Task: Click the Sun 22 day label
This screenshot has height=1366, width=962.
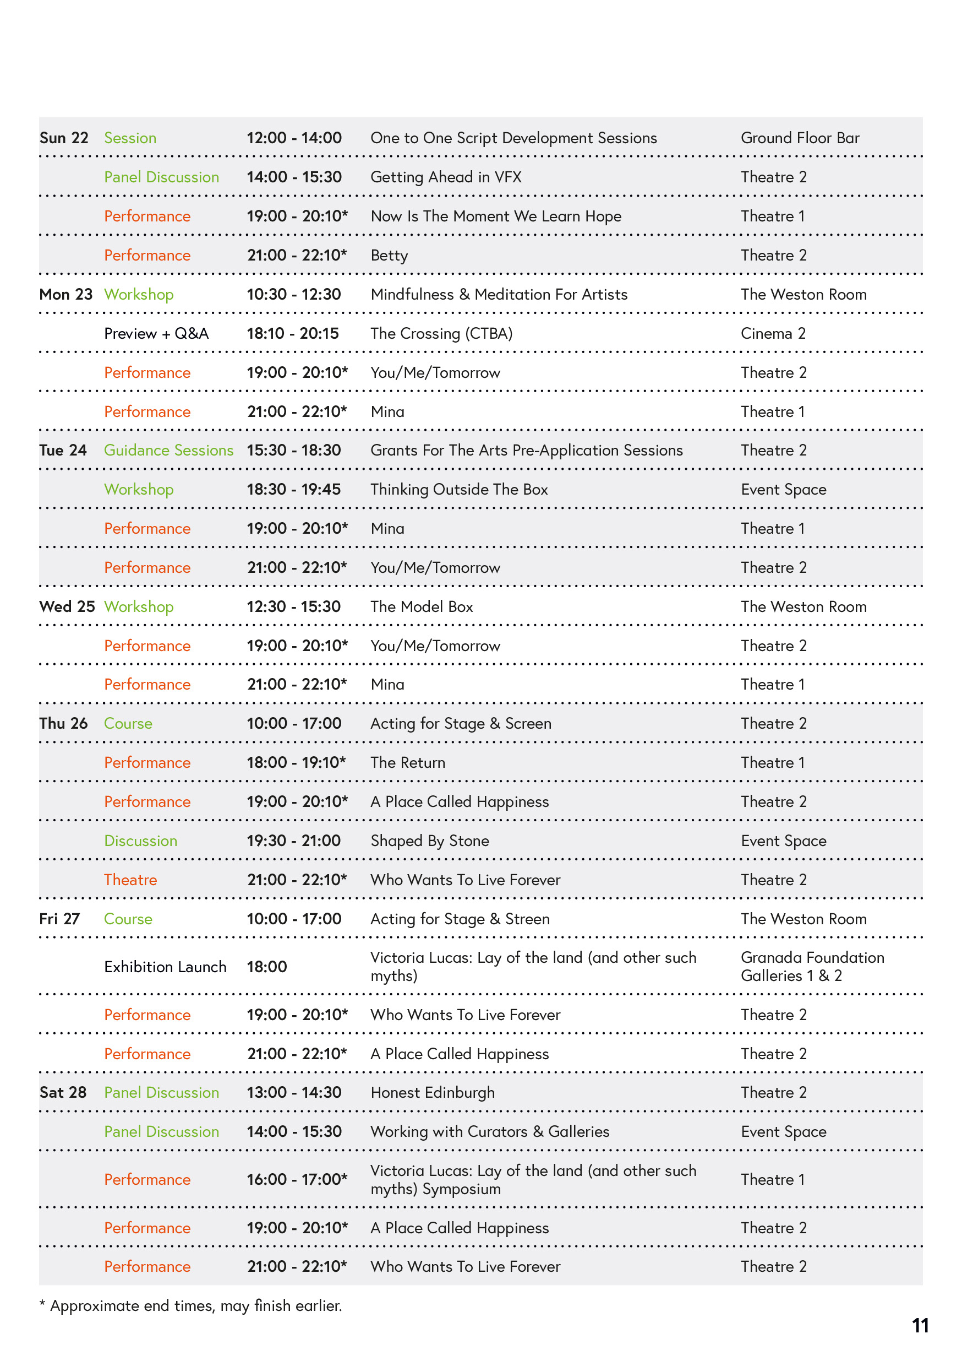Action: (64, 138)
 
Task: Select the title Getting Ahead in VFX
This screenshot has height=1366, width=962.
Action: (445, 177)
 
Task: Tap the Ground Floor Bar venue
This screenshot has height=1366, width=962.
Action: (799, 138)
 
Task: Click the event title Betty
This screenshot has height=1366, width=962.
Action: (389, 256)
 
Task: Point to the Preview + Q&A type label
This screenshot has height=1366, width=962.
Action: (156, 334)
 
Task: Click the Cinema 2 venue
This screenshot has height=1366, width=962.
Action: (772, 334)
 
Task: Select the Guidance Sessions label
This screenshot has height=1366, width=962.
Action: (168, 451)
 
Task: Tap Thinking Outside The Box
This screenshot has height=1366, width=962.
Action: (458, 490)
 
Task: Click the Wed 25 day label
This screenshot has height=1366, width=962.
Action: (67, 607)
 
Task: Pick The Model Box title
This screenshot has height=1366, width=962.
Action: (421, 607)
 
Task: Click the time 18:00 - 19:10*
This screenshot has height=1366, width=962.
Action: (296, 763)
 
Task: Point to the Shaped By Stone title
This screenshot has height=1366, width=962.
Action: (429, 841)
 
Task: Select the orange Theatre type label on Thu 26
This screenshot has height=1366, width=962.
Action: (130, 880)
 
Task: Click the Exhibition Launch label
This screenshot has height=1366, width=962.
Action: (165, 967)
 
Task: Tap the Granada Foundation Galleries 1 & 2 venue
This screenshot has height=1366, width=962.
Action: (812, 967)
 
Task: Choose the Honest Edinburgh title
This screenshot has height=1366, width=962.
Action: (432, 1093)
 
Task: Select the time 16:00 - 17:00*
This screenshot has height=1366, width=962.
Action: (297, 1180)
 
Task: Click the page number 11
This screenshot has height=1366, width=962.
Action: (919, 1326)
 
